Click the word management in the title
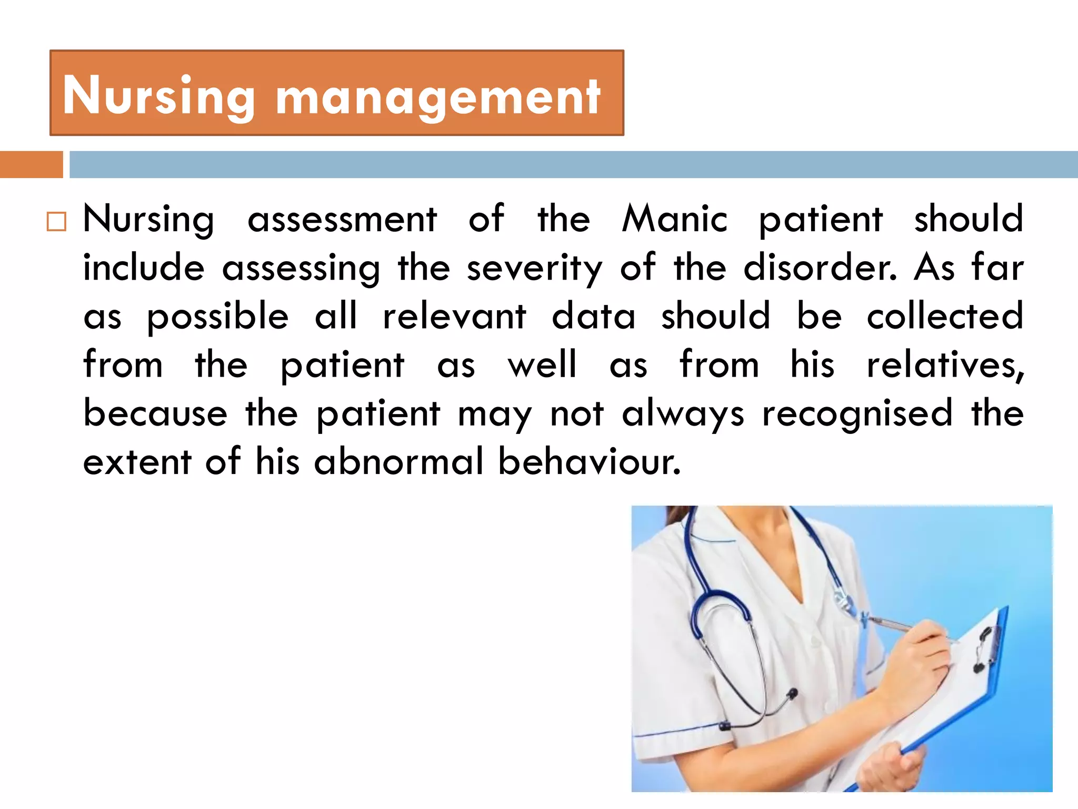(438, 98)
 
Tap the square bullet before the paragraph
(56, 222)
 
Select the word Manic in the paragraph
(675, 219)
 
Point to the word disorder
(819, 268)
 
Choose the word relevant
(454, 316)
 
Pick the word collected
(945, 316)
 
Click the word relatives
(945, 364)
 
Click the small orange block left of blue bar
(31, 164)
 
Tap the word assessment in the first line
(342, 219)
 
